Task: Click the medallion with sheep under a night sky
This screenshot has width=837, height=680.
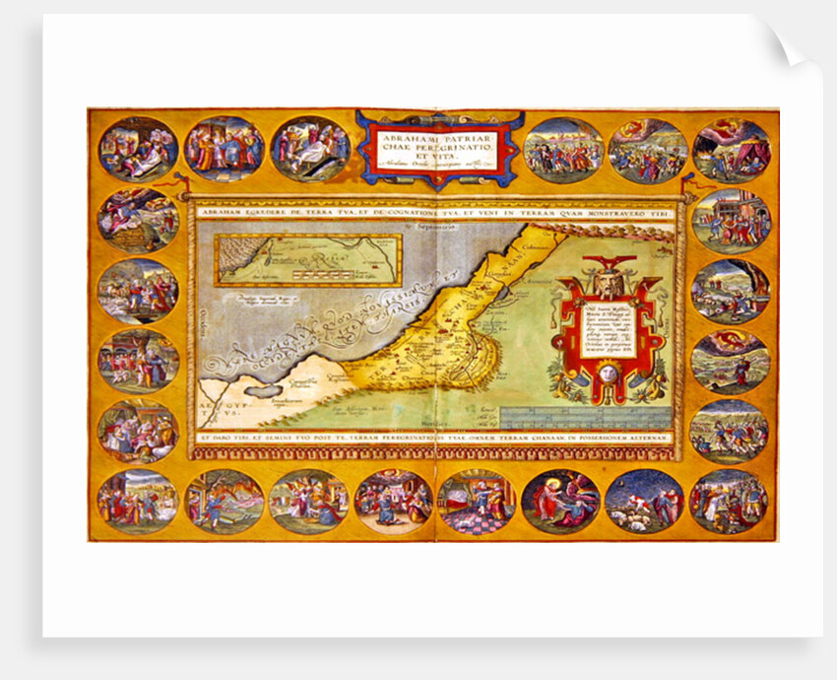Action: [x=644, y=501]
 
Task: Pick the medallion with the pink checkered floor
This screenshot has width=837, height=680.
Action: [x=477, y=501]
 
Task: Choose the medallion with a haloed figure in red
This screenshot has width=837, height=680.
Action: [x=560, y=501]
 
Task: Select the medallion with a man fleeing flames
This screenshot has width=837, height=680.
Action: [x=224, y=501]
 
